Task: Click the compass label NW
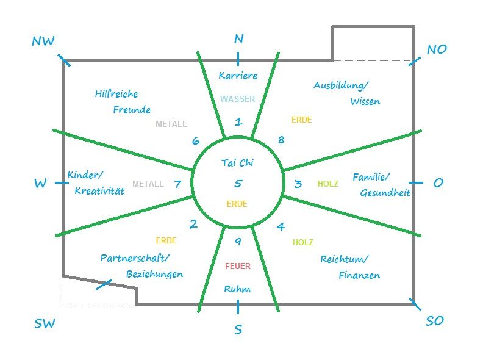click(43, 41)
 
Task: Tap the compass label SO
click(435, 321)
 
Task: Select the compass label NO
click(437, 49)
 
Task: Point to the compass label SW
click(45, 323)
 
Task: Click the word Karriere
click(238, 76)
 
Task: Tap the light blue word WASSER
click(237, 99)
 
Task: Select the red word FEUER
click(237, 266)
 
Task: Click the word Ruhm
click(237, 289)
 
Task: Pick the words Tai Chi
click(237, 163)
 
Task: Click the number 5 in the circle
click(238, 184)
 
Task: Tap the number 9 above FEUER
click(238, 242)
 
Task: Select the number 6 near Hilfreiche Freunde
click(196, 141)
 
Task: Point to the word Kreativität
click(99, 191)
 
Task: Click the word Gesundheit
click(385, 193)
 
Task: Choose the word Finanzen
click(359, 275)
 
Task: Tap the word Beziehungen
click(154, 274)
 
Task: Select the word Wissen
click(365, 101)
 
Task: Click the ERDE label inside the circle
click(237, 204)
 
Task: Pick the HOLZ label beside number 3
click(328, 184)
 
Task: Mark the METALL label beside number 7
click(148, 184)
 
